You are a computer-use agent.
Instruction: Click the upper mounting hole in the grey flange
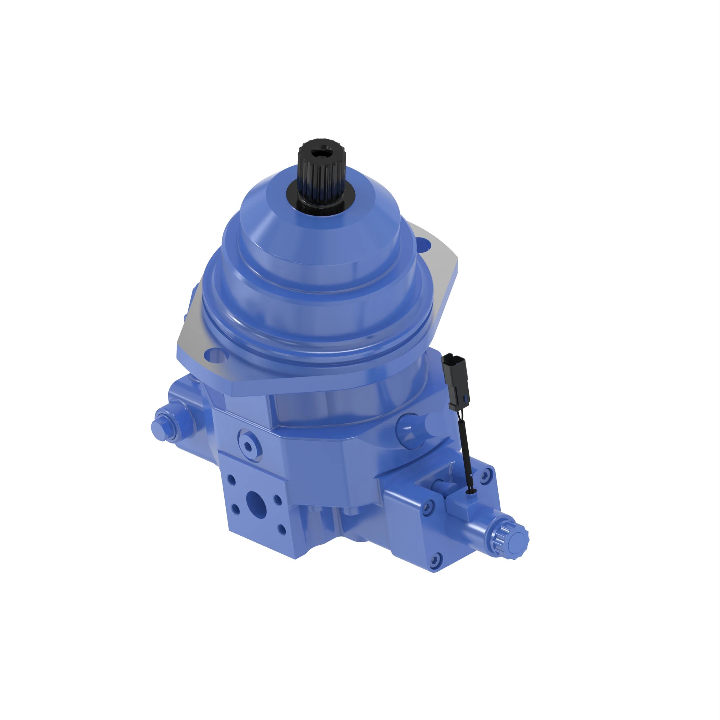[423, 245]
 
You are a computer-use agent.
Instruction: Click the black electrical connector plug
[455, 382]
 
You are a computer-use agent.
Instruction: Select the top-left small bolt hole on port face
[231, 479]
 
